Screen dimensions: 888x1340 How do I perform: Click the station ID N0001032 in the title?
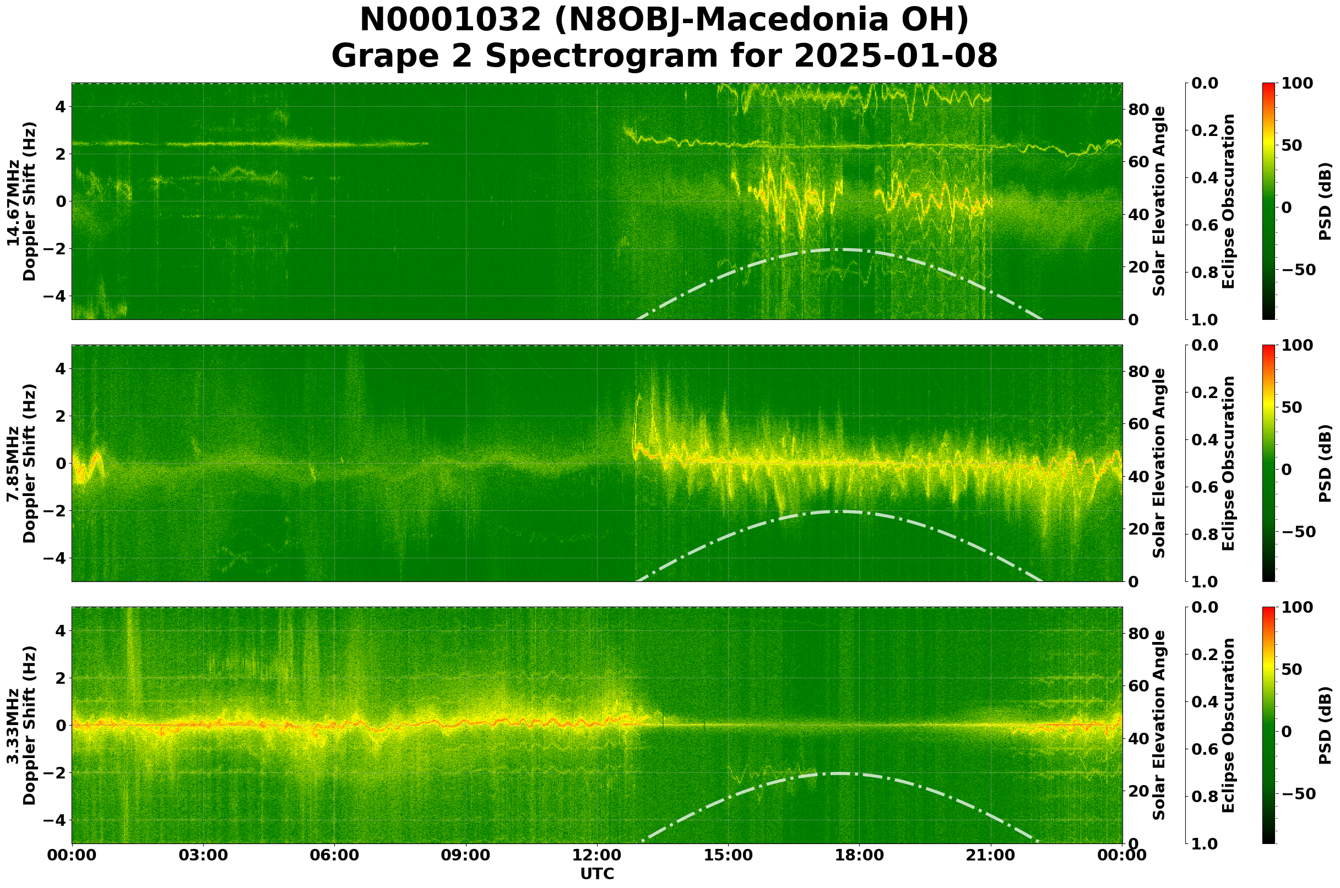coord(451,20)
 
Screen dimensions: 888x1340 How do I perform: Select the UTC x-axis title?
coord(596,874)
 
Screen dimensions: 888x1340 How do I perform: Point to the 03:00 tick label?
coord(203,855)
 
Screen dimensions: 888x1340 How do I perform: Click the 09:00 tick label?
coord(466,855)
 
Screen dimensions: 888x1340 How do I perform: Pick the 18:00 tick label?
coord(859,855)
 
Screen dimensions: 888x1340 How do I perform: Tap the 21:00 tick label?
coord(990,855)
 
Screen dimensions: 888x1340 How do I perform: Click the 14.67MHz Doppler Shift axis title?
coord(21,201)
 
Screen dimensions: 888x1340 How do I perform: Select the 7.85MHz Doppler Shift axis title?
coord(21,463)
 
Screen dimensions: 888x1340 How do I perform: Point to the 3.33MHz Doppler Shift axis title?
coord(21,726)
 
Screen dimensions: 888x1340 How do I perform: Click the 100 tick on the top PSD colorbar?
coord(1297,84)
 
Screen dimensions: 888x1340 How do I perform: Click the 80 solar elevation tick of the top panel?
coord(1138,110)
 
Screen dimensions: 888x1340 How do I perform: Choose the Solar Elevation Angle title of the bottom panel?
coord(1159,726)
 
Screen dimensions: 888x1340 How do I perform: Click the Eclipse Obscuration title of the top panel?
coord(1228,201)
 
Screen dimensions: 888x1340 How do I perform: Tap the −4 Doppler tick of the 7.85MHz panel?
coord(56,558)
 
